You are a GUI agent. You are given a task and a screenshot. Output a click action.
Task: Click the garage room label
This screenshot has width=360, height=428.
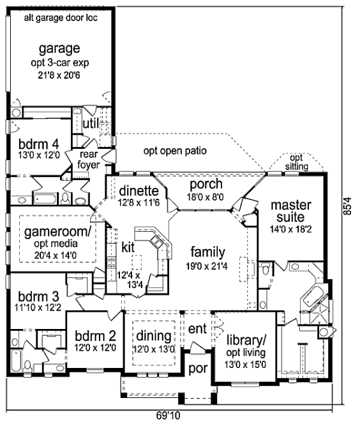(59, 49)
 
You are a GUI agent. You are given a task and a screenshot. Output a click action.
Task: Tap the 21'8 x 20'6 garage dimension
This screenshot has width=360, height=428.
(59, 75)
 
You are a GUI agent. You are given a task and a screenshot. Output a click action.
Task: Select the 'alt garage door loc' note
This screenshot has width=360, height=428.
(61, 18)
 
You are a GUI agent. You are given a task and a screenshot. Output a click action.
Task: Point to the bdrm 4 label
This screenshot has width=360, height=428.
(39, 144)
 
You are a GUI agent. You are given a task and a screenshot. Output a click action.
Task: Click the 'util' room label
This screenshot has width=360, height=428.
(91, 123)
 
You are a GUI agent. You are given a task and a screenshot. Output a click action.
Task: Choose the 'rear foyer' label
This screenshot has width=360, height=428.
(89, 160)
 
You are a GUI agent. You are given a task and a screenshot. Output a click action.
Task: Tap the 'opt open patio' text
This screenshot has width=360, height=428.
(175, 151)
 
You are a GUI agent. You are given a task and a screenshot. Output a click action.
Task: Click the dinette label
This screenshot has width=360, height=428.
(139, 191)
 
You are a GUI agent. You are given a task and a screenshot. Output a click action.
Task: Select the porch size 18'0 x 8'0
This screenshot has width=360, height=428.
(205, 197)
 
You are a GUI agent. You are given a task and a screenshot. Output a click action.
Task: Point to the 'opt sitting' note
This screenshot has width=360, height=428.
(296, 162)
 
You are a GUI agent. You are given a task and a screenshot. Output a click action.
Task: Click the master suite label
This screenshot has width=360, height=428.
(291, 211)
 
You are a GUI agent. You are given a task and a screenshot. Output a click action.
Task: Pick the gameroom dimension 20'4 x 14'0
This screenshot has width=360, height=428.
(56, 256)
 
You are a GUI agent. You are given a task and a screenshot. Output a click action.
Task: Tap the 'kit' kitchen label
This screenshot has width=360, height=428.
(128, 247)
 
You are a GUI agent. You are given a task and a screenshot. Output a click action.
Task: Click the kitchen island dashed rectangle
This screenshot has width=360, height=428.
(137, 262)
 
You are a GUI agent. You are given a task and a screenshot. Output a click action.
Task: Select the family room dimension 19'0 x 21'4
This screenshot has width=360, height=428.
(206, 266)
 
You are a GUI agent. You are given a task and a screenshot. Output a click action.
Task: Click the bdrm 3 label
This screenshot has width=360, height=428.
(38, 296)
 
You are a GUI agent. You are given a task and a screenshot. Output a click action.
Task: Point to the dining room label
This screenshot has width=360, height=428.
(154, 336)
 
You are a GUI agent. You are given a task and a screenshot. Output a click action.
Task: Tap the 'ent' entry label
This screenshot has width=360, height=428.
(197, 329)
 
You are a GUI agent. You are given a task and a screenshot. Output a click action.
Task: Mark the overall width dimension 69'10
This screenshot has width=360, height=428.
(169, 416)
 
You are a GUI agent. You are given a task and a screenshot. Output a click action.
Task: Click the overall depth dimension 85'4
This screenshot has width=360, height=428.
(348, 206)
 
